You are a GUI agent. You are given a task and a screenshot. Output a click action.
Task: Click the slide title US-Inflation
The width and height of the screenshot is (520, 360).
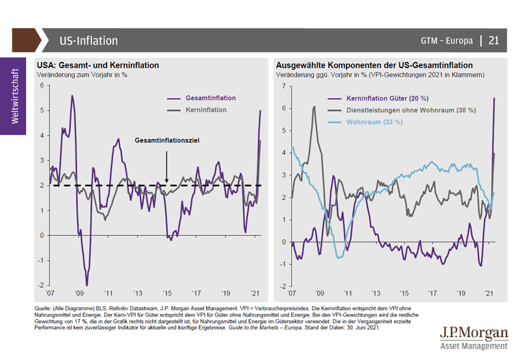point(88,41)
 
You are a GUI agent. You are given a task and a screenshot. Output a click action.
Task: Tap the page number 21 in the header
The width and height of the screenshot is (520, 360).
point(493,41)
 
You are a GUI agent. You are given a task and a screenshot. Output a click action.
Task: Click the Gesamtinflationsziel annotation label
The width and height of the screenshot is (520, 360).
point(167,140)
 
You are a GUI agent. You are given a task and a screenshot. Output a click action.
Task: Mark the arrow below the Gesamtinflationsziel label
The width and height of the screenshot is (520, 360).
point(167,167)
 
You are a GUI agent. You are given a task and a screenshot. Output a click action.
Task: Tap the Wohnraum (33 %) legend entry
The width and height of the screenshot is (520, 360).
point(370,122)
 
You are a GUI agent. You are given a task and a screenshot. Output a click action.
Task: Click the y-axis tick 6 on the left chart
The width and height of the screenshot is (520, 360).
point(42,86)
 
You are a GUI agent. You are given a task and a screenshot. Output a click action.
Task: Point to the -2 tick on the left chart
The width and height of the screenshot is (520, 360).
point(40,285)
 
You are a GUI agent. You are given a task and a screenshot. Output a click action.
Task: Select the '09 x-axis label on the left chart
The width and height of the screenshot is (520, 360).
point(79,293)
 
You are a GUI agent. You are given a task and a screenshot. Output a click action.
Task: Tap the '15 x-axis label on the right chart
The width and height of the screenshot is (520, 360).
point(404,293)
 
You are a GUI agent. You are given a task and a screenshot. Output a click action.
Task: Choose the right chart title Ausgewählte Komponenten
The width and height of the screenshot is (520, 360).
point(374,66)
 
